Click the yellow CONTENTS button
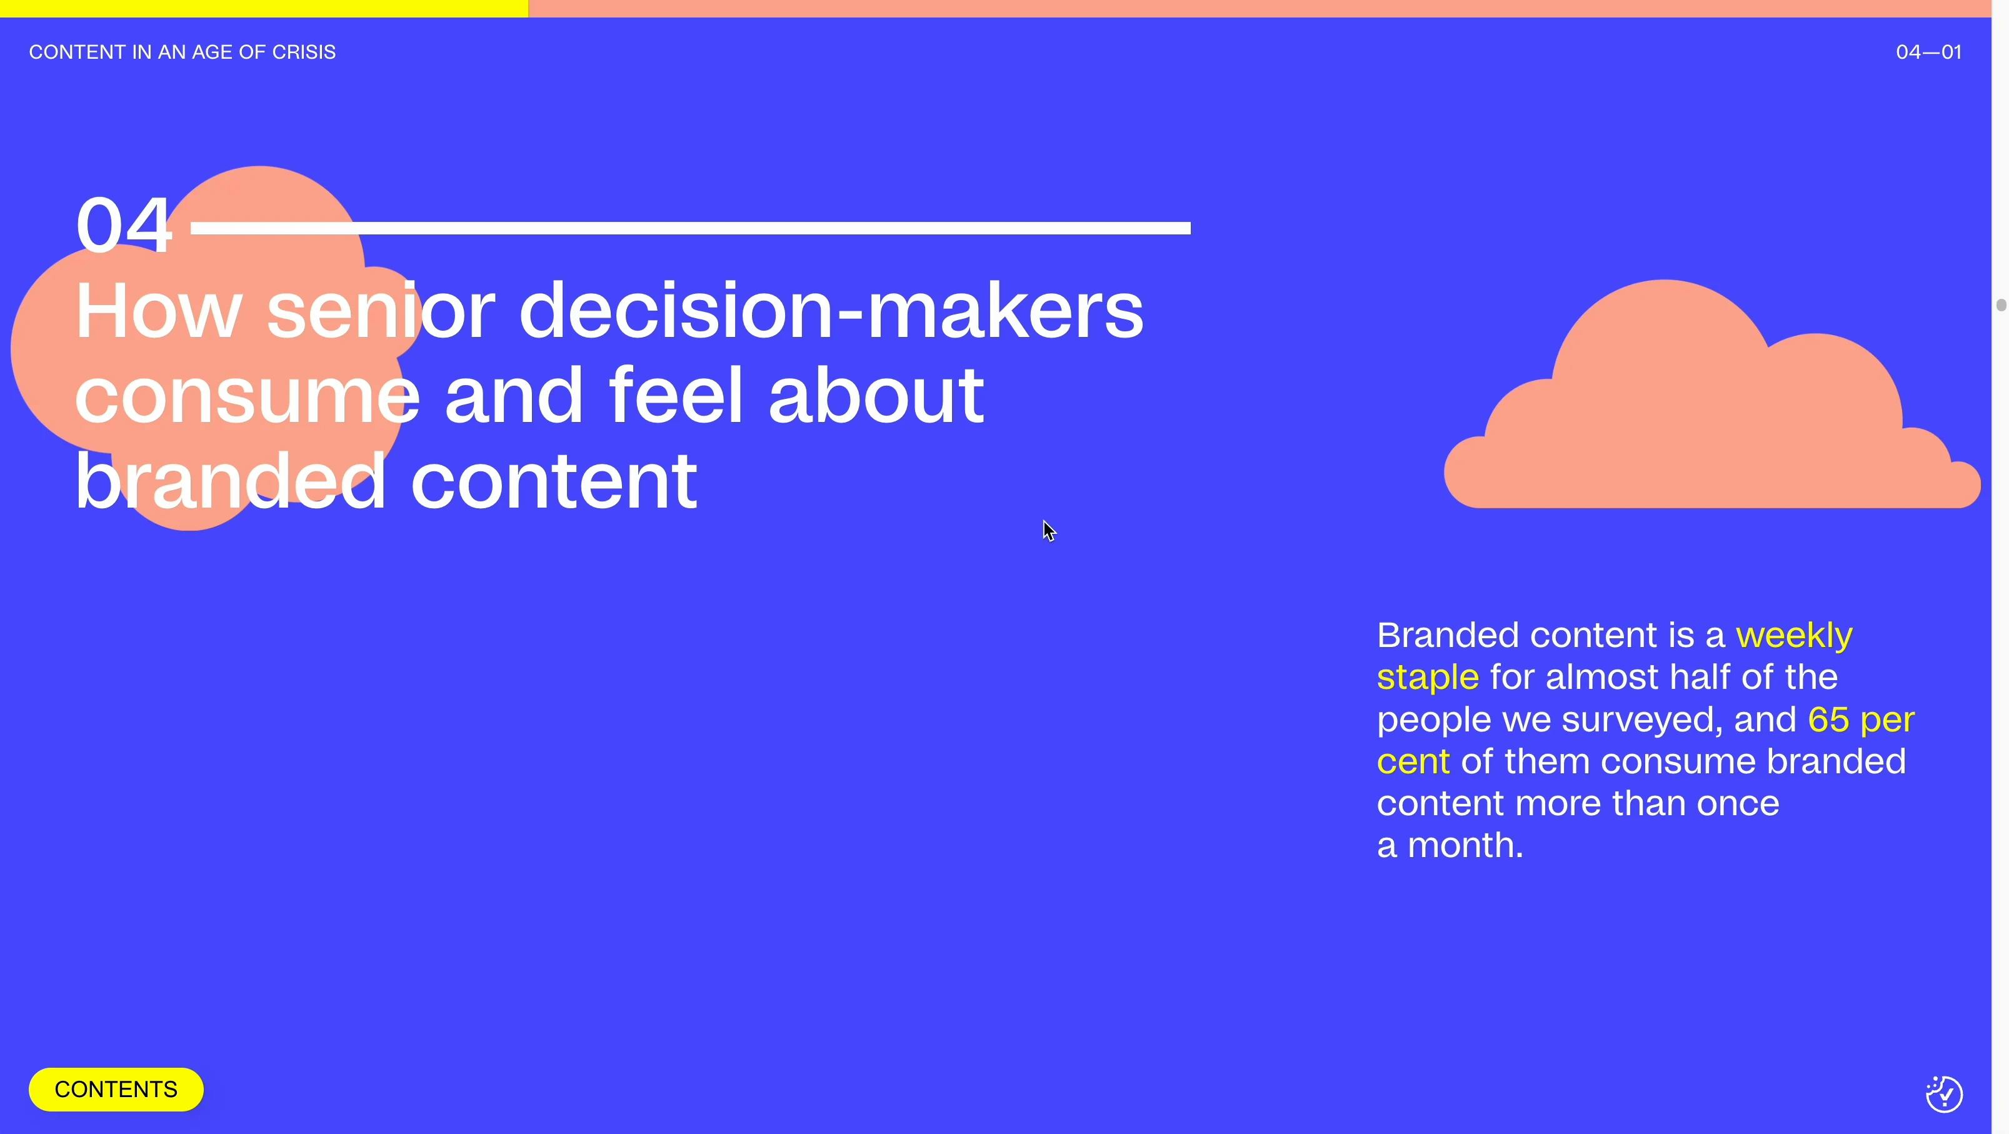click(x=116, y=1089)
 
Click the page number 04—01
click(x=1928, y=53)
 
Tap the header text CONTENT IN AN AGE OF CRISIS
click(x=183, y=53)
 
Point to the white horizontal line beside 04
click(x=690, y=228)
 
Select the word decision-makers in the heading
click(x=831, y=311)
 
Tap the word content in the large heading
click(x=554, y=481)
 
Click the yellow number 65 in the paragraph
click(x=1828, y=719)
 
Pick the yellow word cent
click(x=1413, y=761)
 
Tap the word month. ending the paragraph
click(x=1465, y=845)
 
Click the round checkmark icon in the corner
click(x=1943, y=1093)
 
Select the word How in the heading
click(x=158, y=311)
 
